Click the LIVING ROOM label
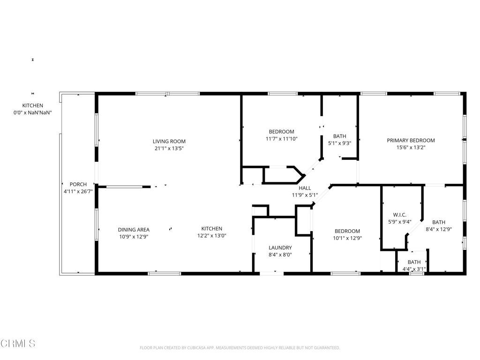[169, 142]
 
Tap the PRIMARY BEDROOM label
[411, 141]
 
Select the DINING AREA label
[134, 230]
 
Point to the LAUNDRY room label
[280, 247]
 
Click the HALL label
[305, 188]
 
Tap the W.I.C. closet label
[400, 215]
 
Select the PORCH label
[78, 184]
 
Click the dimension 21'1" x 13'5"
[169, 149]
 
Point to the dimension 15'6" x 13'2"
[411, 147]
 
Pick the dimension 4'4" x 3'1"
[414, 269]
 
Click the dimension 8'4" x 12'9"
[439, 229]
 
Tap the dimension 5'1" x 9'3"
[339, 143]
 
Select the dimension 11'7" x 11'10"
[281, 139]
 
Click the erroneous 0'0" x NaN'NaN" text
[32, 112]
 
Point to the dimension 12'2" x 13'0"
[211, 235]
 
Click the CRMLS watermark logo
[18, 344]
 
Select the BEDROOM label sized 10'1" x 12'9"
[347, 231]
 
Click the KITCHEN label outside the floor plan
[32, 105]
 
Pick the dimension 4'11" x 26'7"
[78, 191]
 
